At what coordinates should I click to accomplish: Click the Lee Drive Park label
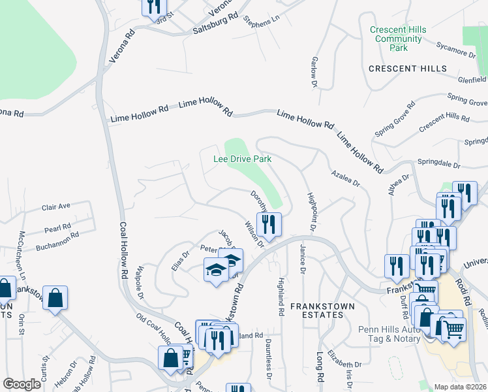click(242, 159)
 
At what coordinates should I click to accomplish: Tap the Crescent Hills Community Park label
click(398, 39)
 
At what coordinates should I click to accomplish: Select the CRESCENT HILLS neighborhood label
click(408, 69)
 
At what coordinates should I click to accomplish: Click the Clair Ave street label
click(56, 206)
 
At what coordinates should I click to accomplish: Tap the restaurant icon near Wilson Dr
click(269, 225)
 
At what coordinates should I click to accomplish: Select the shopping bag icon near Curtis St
click(56, 298)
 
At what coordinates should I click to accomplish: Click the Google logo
click(22, 384)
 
